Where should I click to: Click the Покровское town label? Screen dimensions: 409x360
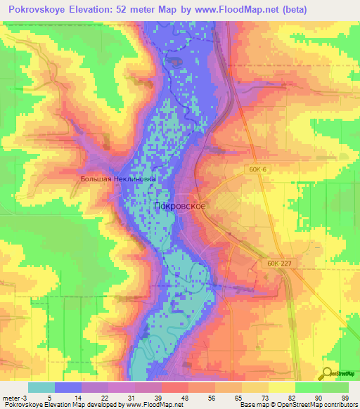[179, 205]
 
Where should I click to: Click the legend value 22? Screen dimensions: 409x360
[103, 398]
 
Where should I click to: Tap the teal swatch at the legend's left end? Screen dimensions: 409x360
[41, 387]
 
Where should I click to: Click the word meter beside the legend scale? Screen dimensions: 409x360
[10, 398]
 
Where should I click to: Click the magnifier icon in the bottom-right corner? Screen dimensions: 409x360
[328, 374]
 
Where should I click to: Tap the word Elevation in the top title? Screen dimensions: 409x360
[106, 9]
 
